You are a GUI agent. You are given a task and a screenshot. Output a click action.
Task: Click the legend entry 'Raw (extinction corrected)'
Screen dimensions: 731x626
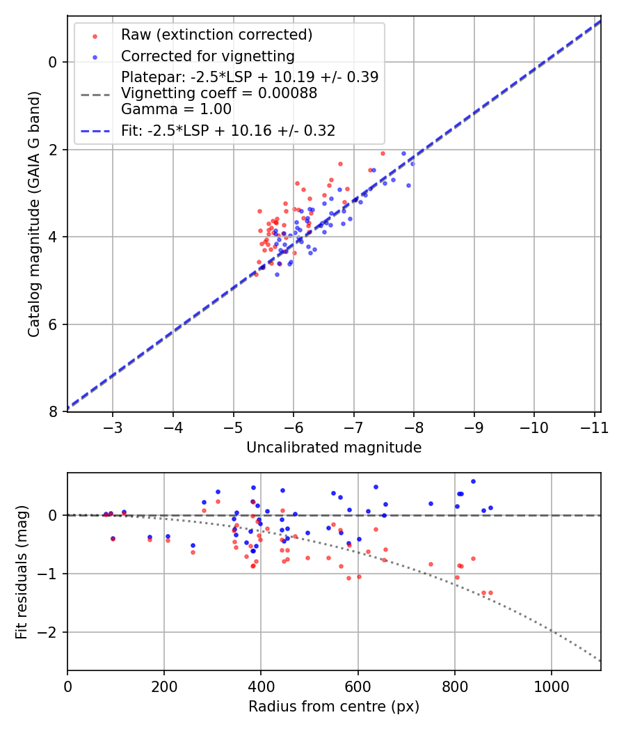pos(216,35)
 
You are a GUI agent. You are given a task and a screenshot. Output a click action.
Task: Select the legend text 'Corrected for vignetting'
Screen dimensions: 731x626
pos(207,56)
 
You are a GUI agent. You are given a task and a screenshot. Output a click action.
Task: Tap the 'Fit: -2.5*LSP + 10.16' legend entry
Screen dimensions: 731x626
pos(228,131)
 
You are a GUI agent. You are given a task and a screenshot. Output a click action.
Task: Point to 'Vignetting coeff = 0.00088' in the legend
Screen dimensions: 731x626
pos(219,93)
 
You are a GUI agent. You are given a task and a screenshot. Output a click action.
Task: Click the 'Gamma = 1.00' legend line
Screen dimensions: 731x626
pos(176,109)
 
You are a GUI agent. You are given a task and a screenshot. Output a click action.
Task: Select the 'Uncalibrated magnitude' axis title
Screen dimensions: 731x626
pos(334,448)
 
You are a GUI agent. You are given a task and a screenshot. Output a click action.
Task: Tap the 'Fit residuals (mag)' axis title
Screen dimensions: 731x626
pos(22,572)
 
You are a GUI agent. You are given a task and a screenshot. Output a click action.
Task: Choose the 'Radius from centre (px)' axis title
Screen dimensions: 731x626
pos(334,706)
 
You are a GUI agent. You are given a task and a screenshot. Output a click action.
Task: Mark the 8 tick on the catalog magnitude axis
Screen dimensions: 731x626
pos(53,412)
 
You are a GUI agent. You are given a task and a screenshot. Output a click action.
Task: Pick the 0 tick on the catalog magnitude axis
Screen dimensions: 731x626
pos(53,63)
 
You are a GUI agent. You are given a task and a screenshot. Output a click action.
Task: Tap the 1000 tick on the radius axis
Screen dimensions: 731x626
pos(552,686)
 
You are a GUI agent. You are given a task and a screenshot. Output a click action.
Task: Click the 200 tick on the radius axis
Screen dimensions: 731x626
pos(164,686)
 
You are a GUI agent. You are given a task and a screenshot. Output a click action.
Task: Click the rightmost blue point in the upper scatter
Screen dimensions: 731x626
pos(412,163)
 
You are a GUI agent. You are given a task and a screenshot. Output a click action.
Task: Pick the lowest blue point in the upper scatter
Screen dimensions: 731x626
pos(277,274)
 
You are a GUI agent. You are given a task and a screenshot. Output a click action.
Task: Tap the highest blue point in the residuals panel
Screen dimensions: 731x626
pos(473,481)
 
